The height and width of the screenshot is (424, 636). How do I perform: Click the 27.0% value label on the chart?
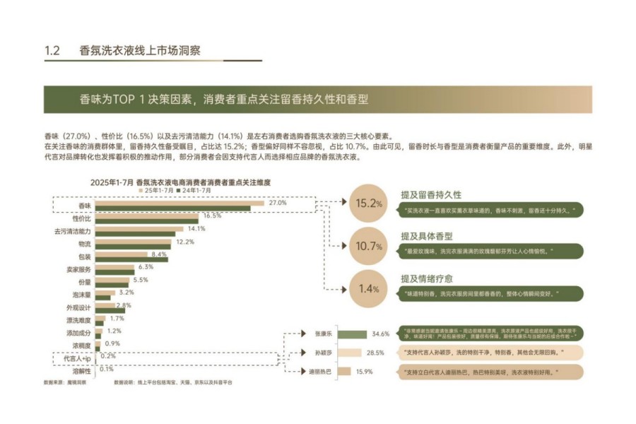point(278,202)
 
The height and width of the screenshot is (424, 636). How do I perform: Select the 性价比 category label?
point(82,218)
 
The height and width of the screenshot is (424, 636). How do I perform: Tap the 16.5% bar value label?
point(213,216)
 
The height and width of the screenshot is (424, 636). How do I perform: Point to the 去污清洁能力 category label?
point(73,231)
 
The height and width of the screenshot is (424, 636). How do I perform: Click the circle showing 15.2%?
point(369,203)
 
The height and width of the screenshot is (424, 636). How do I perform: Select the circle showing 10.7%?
point(369,247)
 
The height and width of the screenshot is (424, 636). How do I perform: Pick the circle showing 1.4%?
point(369,288)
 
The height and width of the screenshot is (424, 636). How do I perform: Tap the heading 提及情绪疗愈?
point(427,278)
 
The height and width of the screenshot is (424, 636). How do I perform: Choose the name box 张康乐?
point(323,333)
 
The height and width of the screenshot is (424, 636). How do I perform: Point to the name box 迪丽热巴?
point(323,371)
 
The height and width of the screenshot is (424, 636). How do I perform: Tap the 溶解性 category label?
point(83,370)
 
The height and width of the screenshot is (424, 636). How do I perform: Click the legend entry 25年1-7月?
point(157,191)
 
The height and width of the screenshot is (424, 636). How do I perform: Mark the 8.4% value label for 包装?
point(159,254)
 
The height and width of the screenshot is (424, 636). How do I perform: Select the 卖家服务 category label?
point(78,269)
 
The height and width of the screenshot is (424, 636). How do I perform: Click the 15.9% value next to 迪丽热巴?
point(365,371)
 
